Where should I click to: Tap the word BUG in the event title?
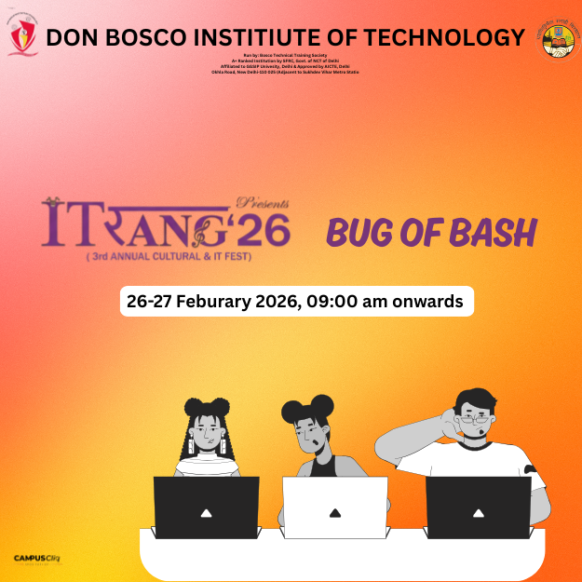358,233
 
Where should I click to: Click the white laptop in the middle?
334,508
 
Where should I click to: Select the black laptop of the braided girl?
206,508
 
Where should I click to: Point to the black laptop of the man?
478,508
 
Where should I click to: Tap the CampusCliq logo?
36,559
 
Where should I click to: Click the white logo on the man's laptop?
478,512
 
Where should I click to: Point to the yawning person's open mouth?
320,441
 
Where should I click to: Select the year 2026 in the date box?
275,302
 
